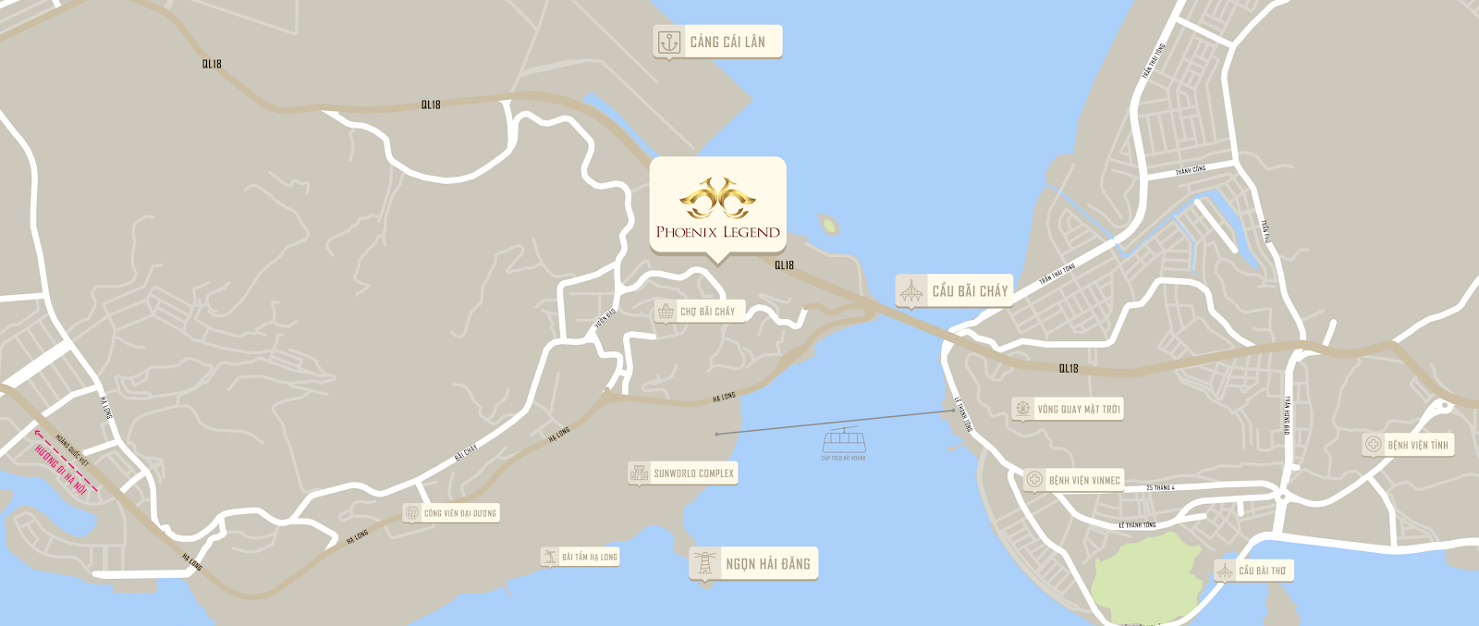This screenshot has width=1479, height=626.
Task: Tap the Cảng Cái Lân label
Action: click(727, 42)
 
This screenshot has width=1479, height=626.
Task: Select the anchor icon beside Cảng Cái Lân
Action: click(668, 42)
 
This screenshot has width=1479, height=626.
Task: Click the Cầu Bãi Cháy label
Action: click(970, 291)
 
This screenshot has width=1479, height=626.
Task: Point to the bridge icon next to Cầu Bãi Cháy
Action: click(911, 291)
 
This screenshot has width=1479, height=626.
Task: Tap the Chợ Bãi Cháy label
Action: click(707, 312)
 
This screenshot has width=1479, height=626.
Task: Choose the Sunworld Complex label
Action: click(693, 473)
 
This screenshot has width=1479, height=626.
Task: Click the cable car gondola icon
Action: click(844, 439)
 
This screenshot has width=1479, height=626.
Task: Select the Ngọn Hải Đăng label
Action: click(767, 564)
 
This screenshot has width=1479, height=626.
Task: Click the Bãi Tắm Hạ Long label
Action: click(589, 557)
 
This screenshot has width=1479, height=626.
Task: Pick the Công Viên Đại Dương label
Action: click(459, 513)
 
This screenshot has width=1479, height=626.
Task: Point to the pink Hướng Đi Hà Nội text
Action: click(60, 470)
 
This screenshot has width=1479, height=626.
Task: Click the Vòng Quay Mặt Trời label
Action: click(1078, 409)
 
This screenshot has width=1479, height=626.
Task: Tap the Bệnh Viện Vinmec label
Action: click(1083, 480)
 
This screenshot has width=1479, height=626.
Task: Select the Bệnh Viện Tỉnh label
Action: click(1417, 445)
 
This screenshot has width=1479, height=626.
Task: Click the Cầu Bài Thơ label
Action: click(1262, 571)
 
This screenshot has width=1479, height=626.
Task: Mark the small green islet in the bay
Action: click(828, 225)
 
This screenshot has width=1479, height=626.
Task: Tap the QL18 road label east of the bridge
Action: click(1069, 368)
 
